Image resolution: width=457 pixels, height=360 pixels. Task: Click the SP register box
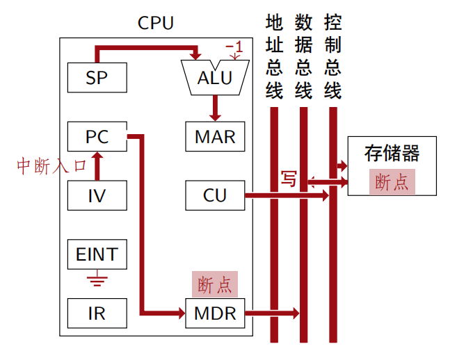(x=97, y=77)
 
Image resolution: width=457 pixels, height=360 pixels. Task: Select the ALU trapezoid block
(x=215, y=77)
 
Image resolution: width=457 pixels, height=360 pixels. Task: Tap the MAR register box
(x=215, y=136)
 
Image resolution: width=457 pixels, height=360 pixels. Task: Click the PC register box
(x=97, y=136)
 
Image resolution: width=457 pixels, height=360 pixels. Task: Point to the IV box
(x=97, y=195)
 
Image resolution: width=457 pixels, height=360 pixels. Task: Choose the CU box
(x=215, y=195)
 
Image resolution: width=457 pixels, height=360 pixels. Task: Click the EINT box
(x=97, y=254)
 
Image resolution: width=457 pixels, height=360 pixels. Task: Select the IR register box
(x=97, y=313)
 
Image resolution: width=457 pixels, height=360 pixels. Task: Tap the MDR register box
(x=215, y=313)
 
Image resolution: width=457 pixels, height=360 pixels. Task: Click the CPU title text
(x=156, y=23)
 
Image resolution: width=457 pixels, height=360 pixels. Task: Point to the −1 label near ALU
(x=234, y=48)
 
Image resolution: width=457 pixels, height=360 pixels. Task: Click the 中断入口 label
(x=51, y=166)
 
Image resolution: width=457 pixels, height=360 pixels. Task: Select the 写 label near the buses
(x=288, y=179)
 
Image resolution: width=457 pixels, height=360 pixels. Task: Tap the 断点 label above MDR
(x=215, y=284)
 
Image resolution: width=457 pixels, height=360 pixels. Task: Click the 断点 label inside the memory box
(x=392, y=182)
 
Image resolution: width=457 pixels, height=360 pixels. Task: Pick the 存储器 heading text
(x=392, y=153)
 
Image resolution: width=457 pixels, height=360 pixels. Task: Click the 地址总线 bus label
(x=274, y=57)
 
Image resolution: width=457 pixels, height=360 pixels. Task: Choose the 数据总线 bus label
(x=303, y=57)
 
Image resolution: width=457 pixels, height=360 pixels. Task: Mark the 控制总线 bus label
(x=332, y=57)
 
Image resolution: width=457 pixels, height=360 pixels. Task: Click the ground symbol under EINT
(x=97, y=281)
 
